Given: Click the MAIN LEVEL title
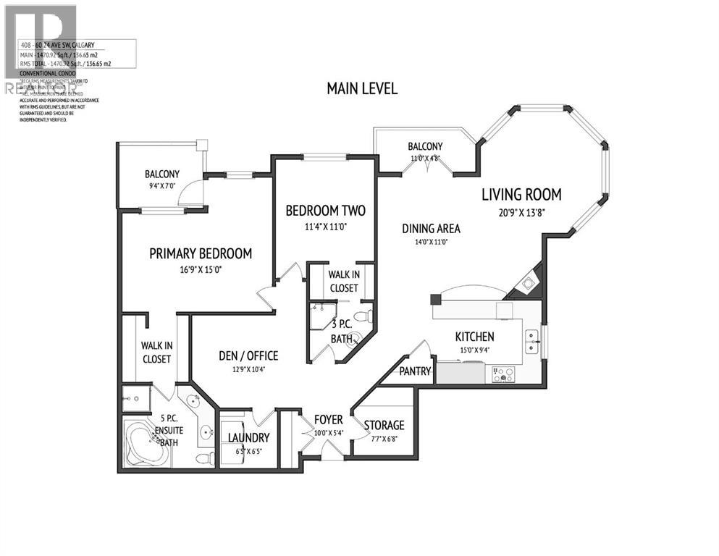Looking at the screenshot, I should [x=362, y=88].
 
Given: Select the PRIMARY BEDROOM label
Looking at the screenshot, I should [x=201, y=253].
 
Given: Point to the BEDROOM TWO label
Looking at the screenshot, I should [x=325, y=211].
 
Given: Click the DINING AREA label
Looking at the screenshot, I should [x=431, y=229].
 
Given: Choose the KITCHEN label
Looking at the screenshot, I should [x=474, y=337].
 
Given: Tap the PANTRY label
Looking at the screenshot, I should [x=416, y=371].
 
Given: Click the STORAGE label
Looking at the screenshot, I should [x=384, y=425].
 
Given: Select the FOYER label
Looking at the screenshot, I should [x=328, y=420].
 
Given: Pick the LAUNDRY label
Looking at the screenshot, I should [x=248, y=438].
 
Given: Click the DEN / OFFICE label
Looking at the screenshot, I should [x=248, y=356].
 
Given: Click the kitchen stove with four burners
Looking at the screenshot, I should [x=503, y=374].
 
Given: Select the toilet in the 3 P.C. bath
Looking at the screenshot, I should [x=367, y=316].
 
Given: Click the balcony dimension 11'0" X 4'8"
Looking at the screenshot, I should [x=425, y=158].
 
